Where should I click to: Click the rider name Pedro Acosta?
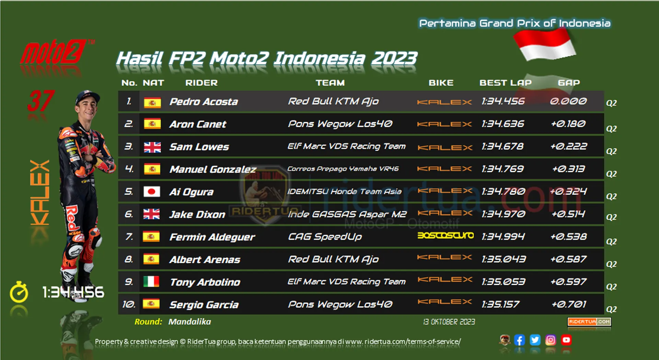pyautogui.click(x=204, y=102)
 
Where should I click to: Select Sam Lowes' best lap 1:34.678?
pyautogui.click(x=502, y=147)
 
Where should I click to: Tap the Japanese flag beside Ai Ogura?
pyautogui.click(x=152, y=191)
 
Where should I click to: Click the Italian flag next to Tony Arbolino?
pyautogui.click(x=151, y=281)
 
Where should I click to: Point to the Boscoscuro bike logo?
pyautogui.click(x=446, y=235)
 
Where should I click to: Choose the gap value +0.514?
pyautogui.click(x=568, y=214)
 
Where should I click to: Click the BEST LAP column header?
pyautogui.click(x=505, y=83)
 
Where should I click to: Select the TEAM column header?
pyautogui.click(x=330, y=83)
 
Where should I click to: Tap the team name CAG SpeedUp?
pyautogui.click(x=325, y=237)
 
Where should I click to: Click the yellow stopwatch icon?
pyautogui.click(x=19, y=292)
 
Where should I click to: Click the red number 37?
pyautogui.click(x=41, y=101)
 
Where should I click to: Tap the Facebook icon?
pyautogui.click(x=519, y=340)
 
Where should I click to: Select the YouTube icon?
pyautogui.click(x=566, y=340)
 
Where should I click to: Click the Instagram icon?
pyautogui.click(x=551, y=340)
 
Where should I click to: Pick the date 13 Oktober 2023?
pyautogui.click(x=449, y=322)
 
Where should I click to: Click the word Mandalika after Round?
pyautogui.click(x=189, y=322)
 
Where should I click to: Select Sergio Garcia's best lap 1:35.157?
pyautogui.click(x=500, y=304)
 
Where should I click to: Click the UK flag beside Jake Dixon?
pyautogui.click(x=151, y=214)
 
